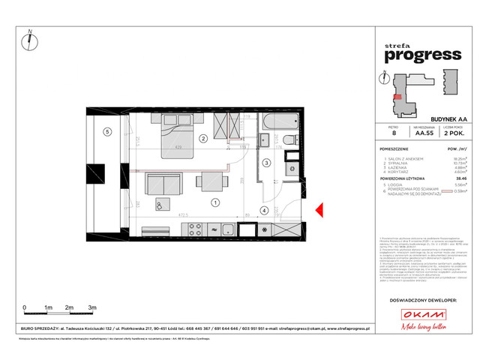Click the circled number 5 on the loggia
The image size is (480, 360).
click(x=107, y=133)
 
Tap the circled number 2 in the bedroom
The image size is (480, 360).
click(x=202, y=138)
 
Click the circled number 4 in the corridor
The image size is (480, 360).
click(x=265, y=211)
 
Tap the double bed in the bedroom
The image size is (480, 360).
click(x=177, y=136)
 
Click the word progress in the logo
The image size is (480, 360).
click(x=422, y=53)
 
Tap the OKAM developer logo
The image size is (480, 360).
click(x=422, y=316)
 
